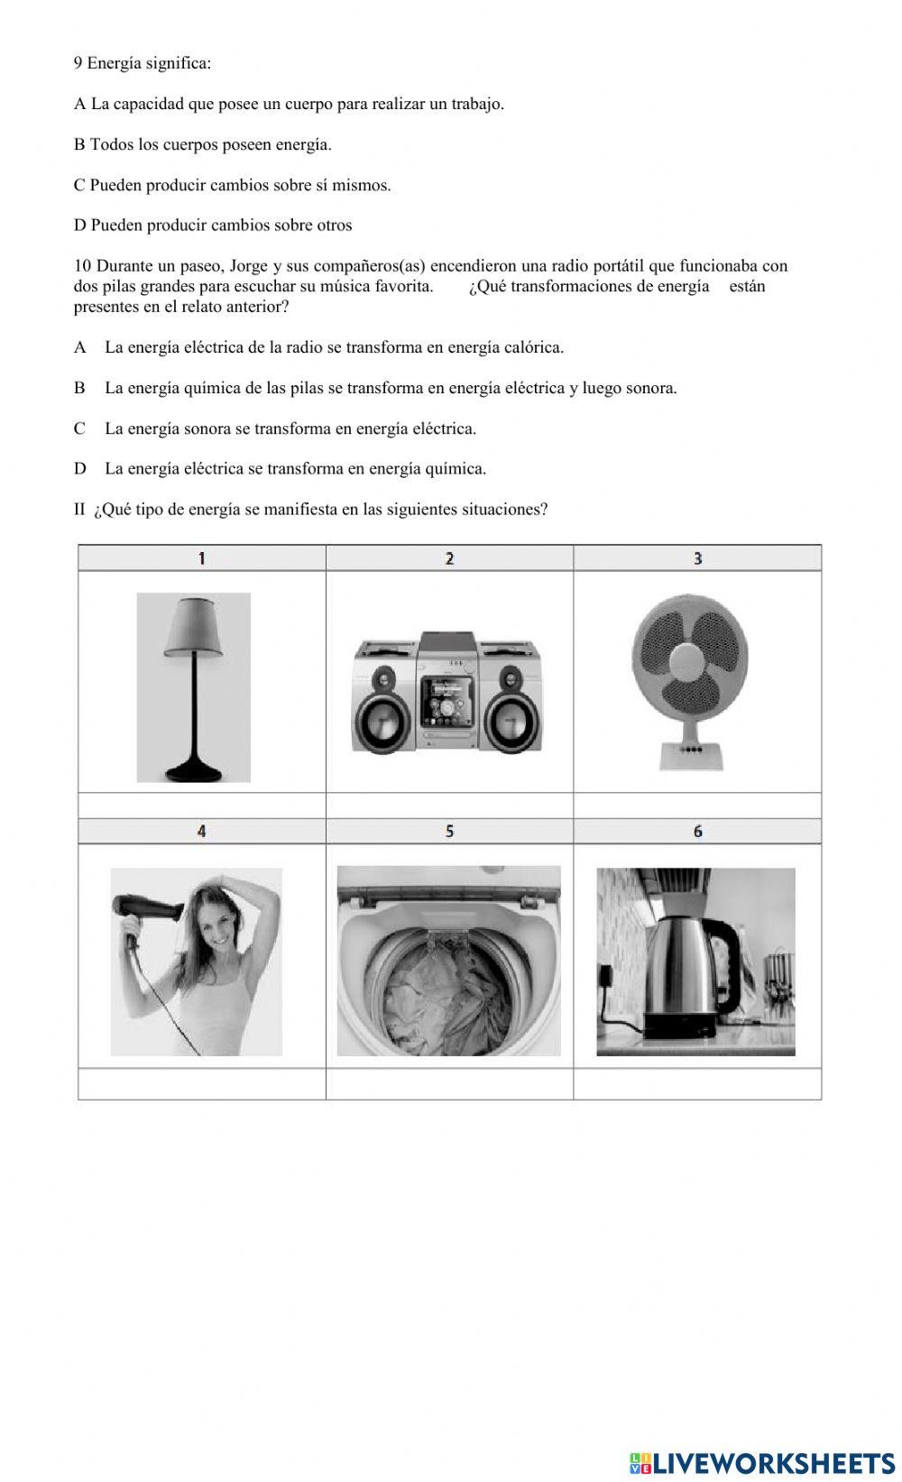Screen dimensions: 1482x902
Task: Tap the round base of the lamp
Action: click(x=194, y=771)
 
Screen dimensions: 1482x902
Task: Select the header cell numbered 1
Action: click(x=201, y=558)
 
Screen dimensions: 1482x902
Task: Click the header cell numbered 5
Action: click(x=449, y=832)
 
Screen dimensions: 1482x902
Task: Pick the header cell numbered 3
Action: click(x=697, y=558)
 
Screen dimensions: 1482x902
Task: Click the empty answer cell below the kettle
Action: click(x=697, y=1083)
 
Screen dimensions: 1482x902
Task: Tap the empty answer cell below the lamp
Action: click(x=201, y=805)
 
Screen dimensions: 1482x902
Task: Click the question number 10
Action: click(x=82, y=266)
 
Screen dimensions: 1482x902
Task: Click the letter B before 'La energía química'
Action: click(x=79, y=388)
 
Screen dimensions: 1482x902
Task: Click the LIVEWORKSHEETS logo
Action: click(x=762, y=1462)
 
